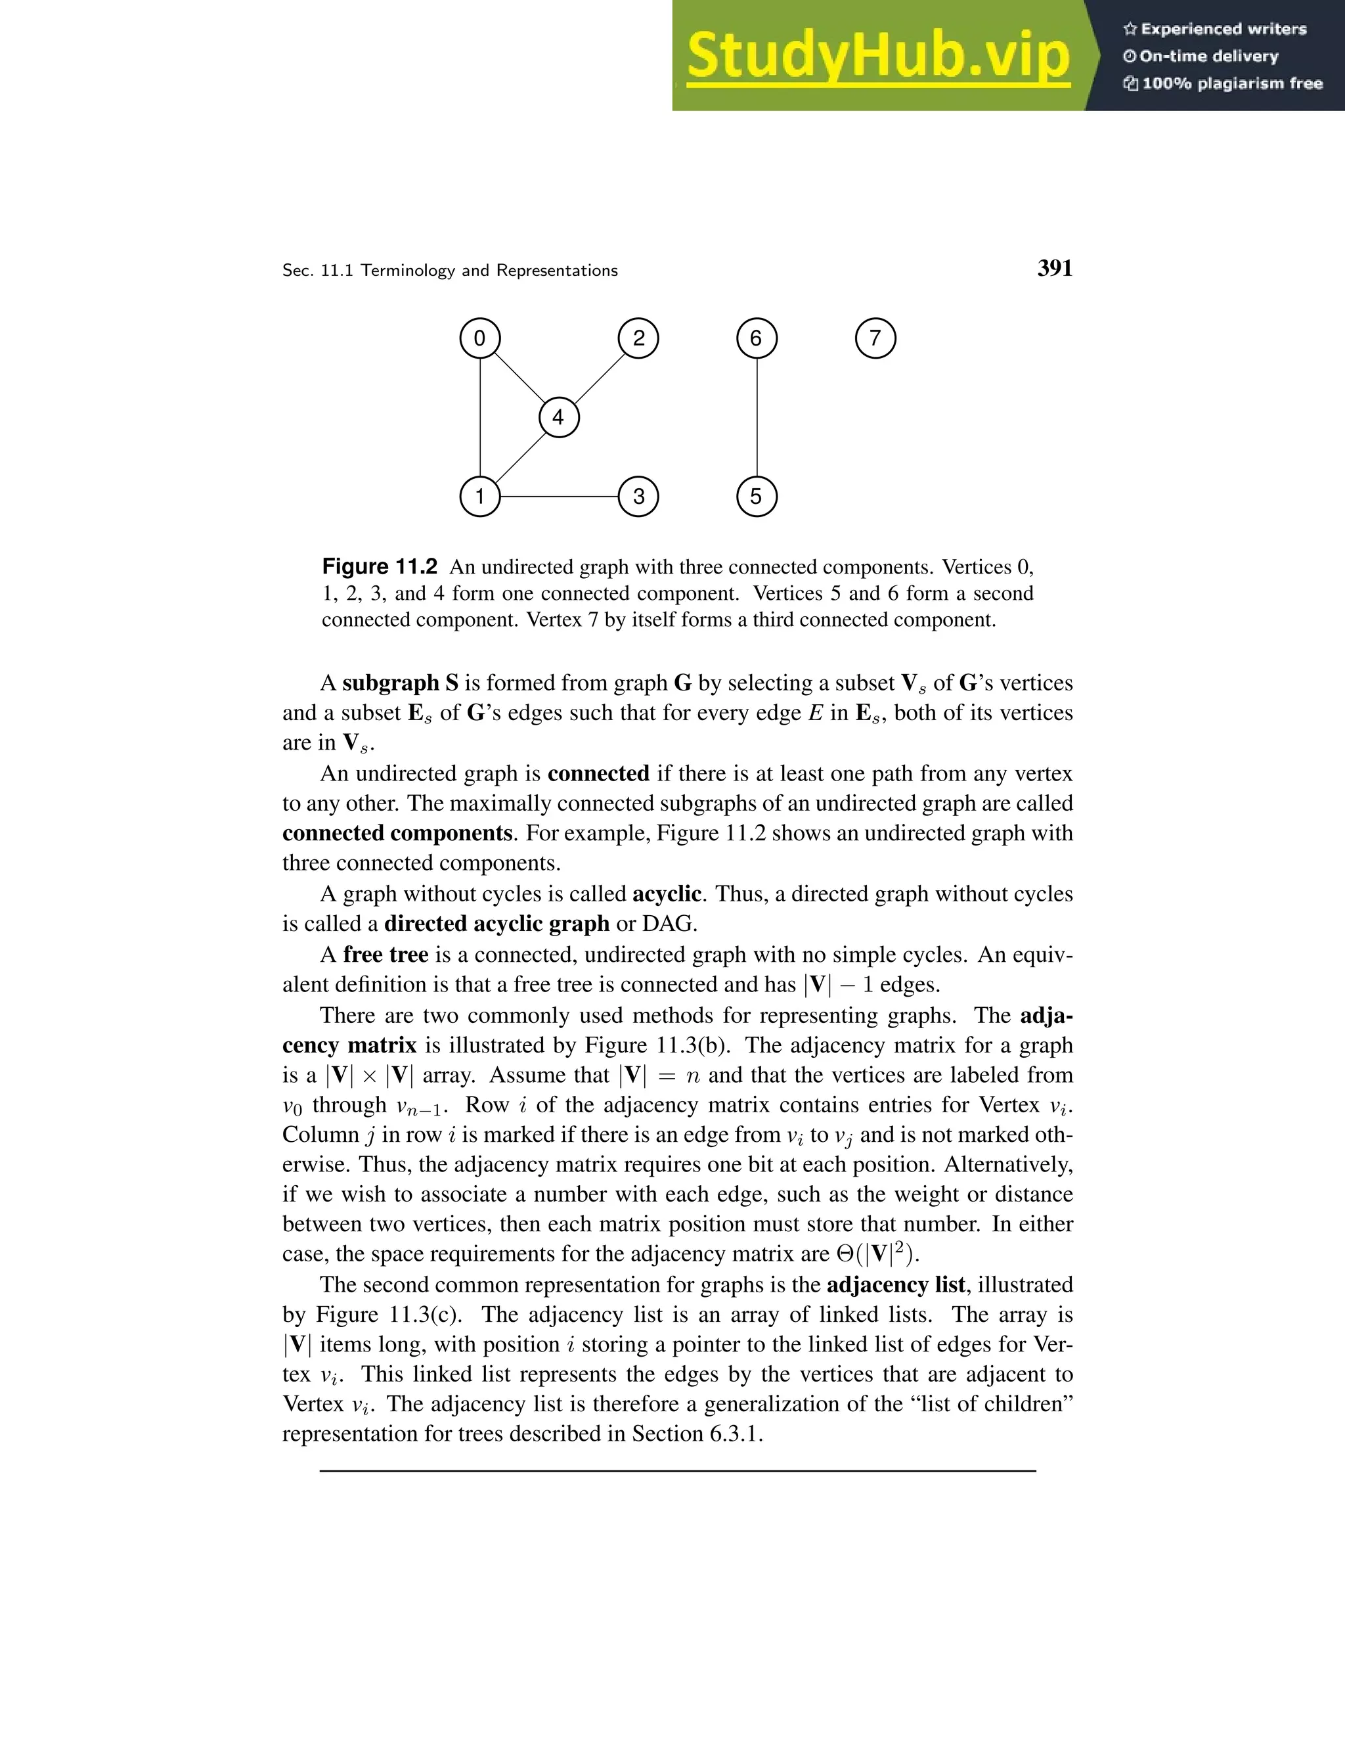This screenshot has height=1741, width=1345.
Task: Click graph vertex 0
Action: point(479,338)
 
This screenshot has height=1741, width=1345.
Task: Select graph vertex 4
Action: point(559,417)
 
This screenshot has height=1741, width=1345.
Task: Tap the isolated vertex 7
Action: point(875,338)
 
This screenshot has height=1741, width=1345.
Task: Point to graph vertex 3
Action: point(638,497)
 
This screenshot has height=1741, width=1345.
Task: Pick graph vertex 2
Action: point(638,338)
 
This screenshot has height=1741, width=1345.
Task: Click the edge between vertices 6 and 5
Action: point(756,417)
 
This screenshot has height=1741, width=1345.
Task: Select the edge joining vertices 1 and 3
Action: point(559,497)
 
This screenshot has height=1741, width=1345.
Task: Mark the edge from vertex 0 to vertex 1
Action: point(479,417)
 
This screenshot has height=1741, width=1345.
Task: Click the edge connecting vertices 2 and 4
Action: point(599,377)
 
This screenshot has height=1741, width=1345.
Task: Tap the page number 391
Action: point(1054,269)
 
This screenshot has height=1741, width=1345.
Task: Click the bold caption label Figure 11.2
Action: point(380,567)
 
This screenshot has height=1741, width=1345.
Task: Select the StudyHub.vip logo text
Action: point(878,56)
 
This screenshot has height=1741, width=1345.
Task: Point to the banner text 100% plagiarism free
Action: point(1231,83)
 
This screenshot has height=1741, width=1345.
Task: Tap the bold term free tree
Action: point(386,954)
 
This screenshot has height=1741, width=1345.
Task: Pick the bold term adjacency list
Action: point(896,1285)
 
